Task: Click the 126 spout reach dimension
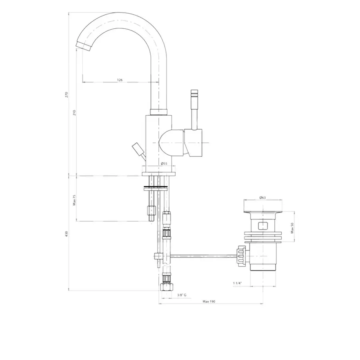(120, 80)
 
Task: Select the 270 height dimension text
(67, 94)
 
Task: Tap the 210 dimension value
(74, 112)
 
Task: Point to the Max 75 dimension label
(74, 200)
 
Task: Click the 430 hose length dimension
(67, 233)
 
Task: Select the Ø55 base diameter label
(164, 164)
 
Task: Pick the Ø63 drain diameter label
(263, 197)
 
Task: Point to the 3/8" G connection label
(182, 295)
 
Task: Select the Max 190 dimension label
(209, 301)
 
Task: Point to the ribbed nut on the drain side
(242, 255)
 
